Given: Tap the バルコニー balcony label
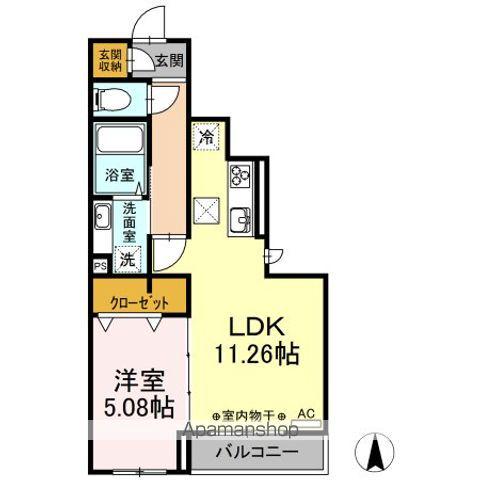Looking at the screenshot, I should point(267,452).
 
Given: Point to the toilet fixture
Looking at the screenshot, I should point(112,98).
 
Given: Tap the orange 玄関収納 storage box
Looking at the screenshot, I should point(109,61).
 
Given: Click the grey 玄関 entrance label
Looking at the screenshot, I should point(168,61).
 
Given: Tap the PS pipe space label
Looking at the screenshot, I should point(100,267).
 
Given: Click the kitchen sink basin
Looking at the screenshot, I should point(240,219).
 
